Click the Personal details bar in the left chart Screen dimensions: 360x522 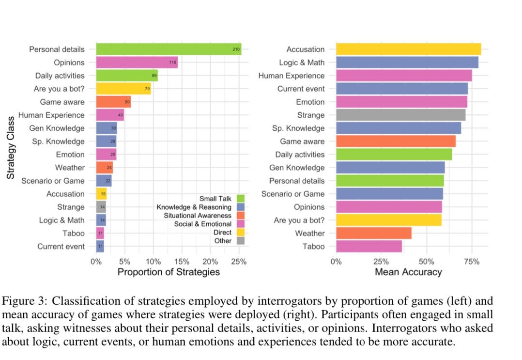(169, 49)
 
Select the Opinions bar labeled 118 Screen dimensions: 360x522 (137, 63)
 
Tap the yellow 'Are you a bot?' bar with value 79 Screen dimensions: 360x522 (123, 89)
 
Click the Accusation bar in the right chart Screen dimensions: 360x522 (408, 49)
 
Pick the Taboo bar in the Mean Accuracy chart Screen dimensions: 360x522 (368, 246)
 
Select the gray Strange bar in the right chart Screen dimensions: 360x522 (400, 115)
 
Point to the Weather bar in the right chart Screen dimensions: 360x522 (373, 233)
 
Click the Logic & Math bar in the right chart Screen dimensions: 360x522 (407, 63)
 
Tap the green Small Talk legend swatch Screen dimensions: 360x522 (240, 199)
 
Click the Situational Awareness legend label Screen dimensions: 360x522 (197, 216)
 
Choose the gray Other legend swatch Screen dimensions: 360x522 (240, 241)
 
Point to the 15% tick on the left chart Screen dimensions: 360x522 (182, 261)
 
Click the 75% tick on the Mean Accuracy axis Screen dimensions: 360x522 (472, 261)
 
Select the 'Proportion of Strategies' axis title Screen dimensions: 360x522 (168, 272)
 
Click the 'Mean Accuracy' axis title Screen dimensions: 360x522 (408, 272)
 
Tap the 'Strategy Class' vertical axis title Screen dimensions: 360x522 (11, 148)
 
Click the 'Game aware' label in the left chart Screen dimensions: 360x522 (62, 102)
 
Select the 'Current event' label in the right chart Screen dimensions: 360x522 (301, 89)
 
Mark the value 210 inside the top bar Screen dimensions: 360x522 (235, 49)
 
